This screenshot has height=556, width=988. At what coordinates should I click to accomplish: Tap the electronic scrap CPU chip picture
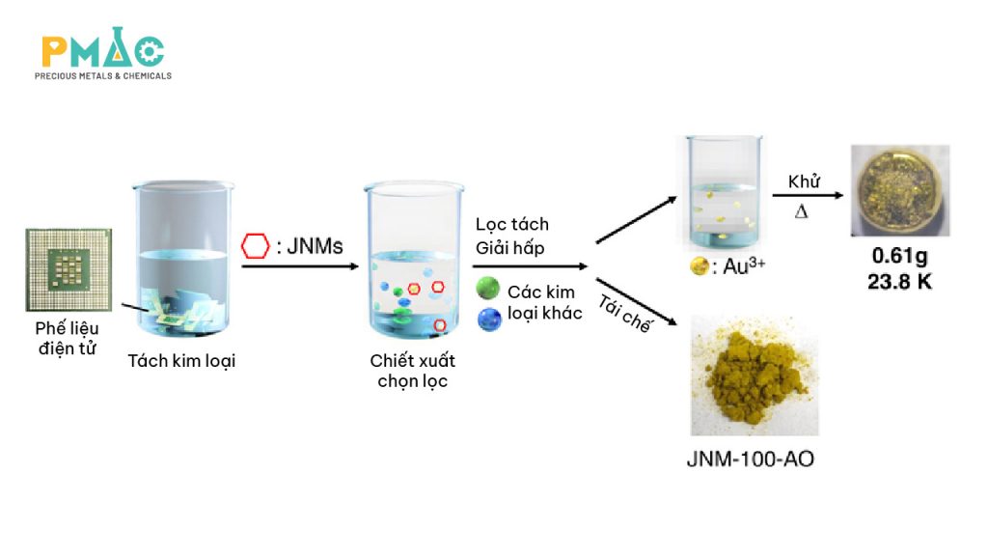click(69, 270)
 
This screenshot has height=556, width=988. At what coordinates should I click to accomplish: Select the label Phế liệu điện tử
click(69, 337)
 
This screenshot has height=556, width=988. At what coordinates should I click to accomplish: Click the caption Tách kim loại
click(181, 362)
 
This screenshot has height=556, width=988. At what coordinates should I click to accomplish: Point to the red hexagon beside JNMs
click(255, 246)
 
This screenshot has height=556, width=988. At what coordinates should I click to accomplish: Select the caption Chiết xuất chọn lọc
click(412, 371)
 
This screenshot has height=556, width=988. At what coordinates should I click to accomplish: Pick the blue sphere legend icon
click(490, 318)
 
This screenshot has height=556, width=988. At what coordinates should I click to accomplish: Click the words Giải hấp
click(509, 248)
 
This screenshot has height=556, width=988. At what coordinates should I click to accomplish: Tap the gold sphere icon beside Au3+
click(699, 267)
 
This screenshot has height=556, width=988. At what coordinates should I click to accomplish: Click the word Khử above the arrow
click(803, 181)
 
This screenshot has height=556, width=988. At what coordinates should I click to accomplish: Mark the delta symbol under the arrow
click(801, 211)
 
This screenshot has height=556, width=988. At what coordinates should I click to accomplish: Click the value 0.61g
click(899, 258)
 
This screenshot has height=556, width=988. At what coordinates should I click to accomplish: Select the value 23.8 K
click(900, 283)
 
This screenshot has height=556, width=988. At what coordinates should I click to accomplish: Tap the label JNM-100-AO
click(750, 459)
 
